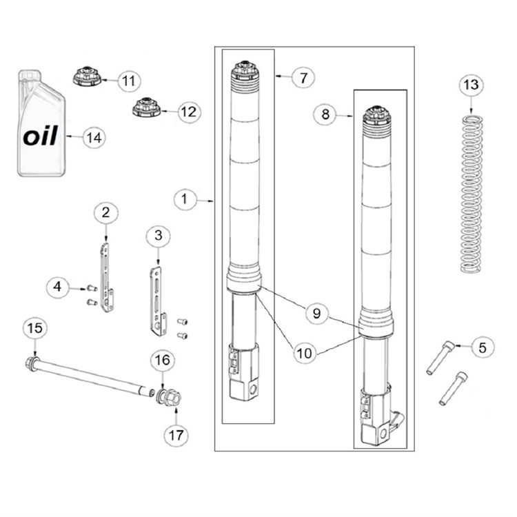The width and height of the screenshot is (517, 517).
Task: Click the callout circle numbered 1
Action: (185, 199)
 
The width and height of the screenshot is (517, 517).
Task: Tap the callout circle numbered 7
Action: (303, 78)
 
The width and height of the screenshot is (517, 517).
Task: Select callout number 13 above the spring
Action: (472, 85)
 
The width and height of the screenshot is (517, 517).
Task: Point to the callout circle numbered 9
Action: (316, 313)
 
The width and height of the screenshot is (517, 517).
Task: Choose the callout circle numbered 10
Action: (304, 354)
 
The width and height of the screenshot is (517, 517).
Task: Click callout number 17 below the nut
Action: (176, 435)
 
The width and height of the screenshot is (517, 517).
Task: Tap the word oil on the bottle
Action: (41, 136)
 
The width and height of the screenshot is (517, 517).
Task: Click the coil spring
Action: (472, 194)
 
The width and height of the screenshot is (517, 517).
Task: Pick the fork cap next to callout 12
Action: (146, 107)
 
